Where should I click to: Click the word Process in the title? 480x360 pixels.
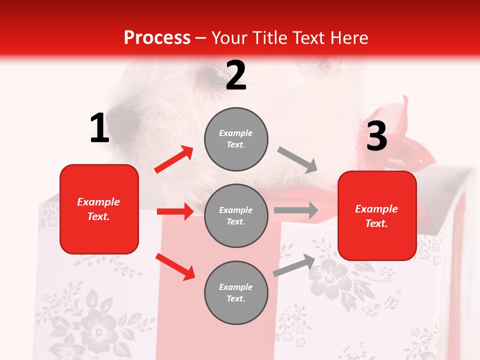[157, 37]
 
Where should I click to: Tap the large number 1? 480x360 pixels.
[99, 128]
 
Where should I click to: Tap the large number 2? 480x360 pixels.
[236, 75]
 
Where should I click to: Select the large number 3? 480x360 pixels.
[376, 136]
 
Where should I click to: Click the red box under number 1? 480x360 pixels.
[99, 209]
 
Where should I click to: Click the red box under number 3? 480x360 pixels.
[377, 215]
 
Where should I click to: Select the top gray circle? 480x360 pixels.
[236, 139]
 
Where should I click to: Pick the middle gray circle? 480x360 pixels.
[236, 215]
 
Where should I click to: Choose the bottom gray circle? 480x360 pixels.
[236, 292]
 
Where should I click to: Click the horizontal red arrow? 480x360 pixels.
[175, 211]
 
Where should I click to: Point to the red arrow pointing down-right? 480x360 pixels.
[175, 266]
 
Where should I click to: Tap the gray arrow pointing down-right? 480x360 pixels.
[297, 159]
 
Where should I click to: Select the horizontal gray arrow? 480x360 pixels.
[296, 210]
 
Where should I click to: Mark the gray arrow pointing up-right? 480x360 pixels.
[294, 265]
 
